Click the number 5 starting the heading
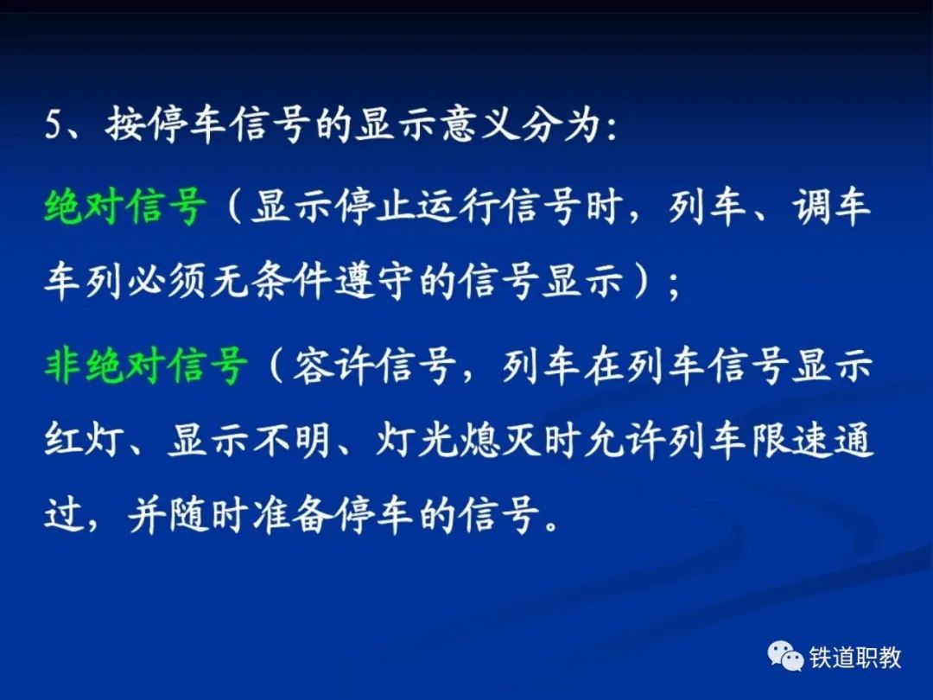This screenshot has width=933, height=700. pos(54,126)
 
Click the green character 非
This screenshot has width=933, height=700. pos(64,365)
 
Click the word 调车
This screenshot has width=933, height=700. pos(831,207)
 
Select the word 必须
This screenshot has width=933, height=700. pos(168,280)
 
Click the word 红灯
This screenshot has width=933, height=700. pos(84,441)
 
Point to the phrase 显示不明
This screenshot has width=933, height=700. pos(250,441)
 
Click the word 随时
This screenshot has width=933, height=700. pos(208,514)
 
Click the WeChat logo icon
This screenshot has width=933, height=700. pos(785,655)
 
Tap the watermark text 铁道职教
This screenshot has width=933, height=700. pos(855,657)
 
